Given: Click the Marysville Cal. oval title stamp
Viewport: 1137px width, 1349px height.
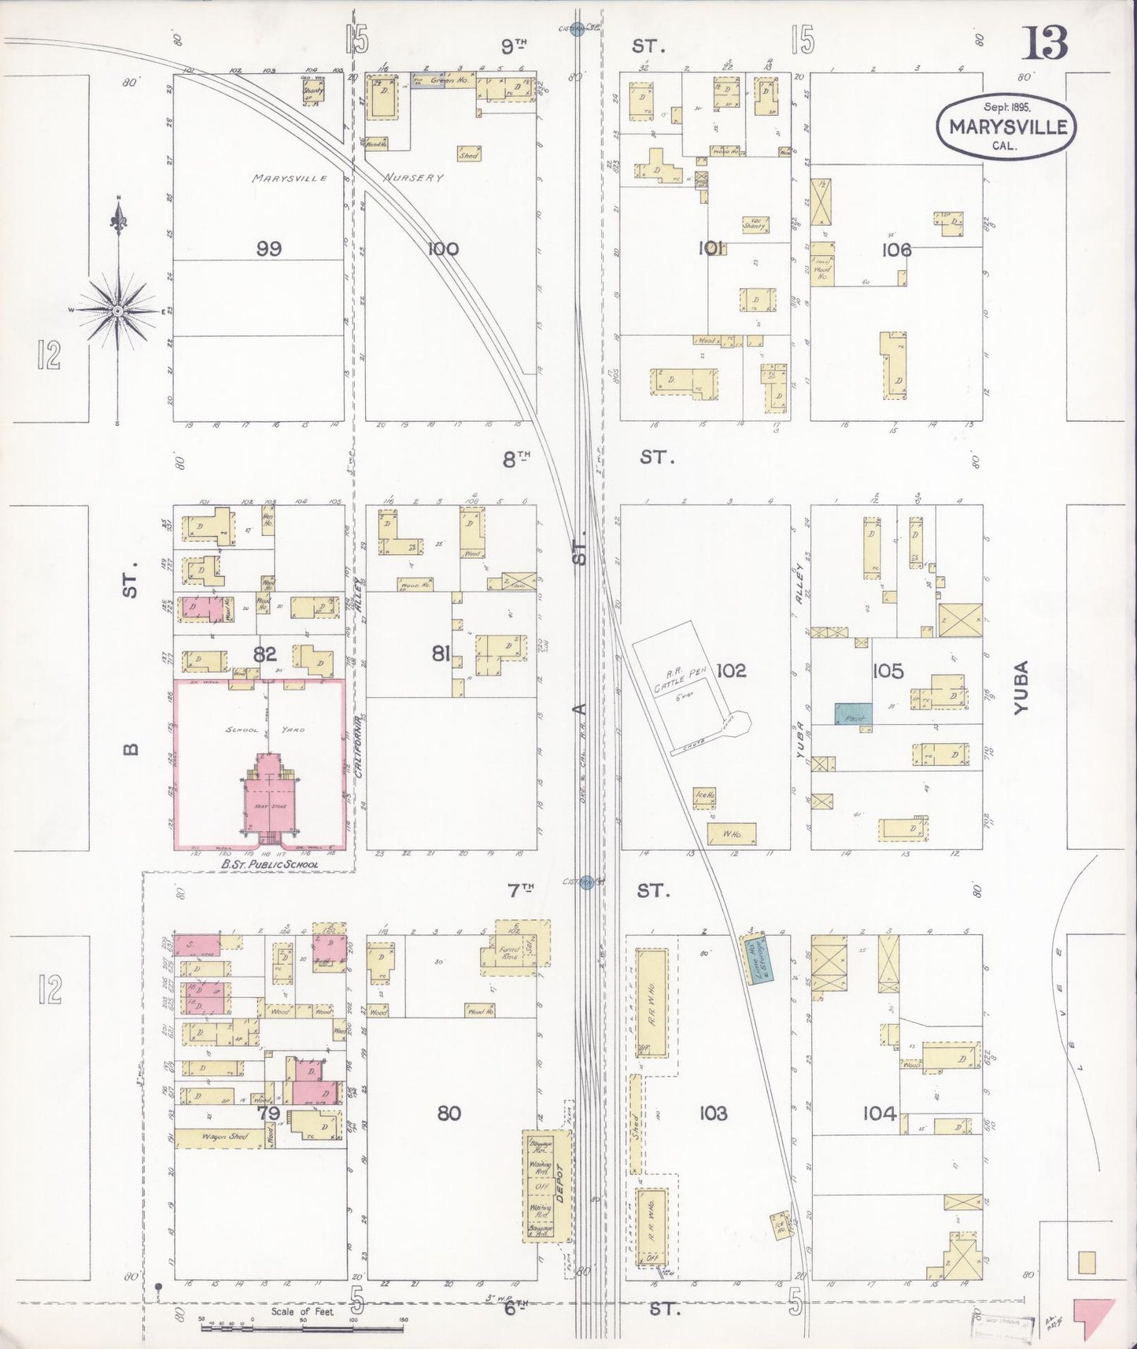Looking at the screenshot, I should coord(1006,126).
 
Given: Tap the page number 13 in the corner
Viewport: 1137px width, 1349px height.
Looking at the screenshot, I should coord(1044,43).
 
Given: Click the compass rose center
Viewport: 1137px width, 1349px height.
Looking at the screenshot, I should coord(117,311).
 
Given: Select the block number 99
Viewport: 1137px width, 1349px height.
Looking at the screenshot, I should coord(269,249).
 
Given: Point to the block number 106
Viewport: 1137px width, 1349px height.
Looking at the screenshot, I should coord(896,249).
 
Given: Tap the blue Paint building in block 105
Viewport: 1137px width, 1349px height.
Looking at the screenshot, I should coord(853,713).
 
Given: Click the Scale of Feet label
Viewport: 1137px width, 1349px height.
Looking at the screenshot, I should coord(302,1312).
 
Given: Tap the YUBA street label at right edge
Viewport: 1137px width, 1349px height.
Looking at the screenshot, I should coord(1021,687).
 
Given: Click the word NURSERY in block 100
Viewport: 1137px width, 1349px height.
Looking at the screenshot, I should coord(414,178).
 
